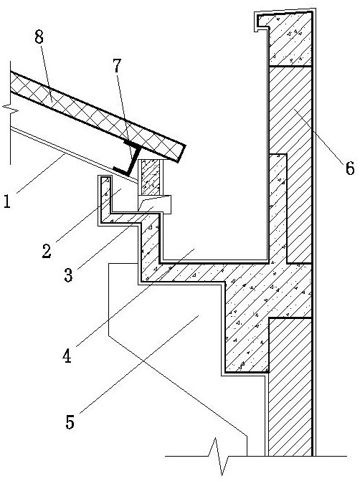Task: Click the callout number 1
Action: [6, 202]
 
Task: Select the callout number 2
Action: [47, 251]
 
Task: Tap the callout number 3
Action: [68, 275]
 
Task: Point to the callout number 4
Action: [67, 356]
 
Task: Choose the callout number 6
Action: [350, 168]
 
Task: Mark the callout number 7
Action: [117, 66]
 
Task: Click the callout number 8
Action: [39, 37]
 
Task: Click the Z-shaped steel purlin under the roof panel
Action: [129, 158]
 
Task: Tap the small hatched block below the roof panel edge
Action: [151, 177]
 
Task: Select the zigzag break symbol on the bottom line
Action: [220, 457]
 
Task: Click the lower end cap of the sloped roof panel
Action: [181, 153]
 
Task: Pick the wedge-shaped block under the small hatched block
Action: [154, 204]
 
